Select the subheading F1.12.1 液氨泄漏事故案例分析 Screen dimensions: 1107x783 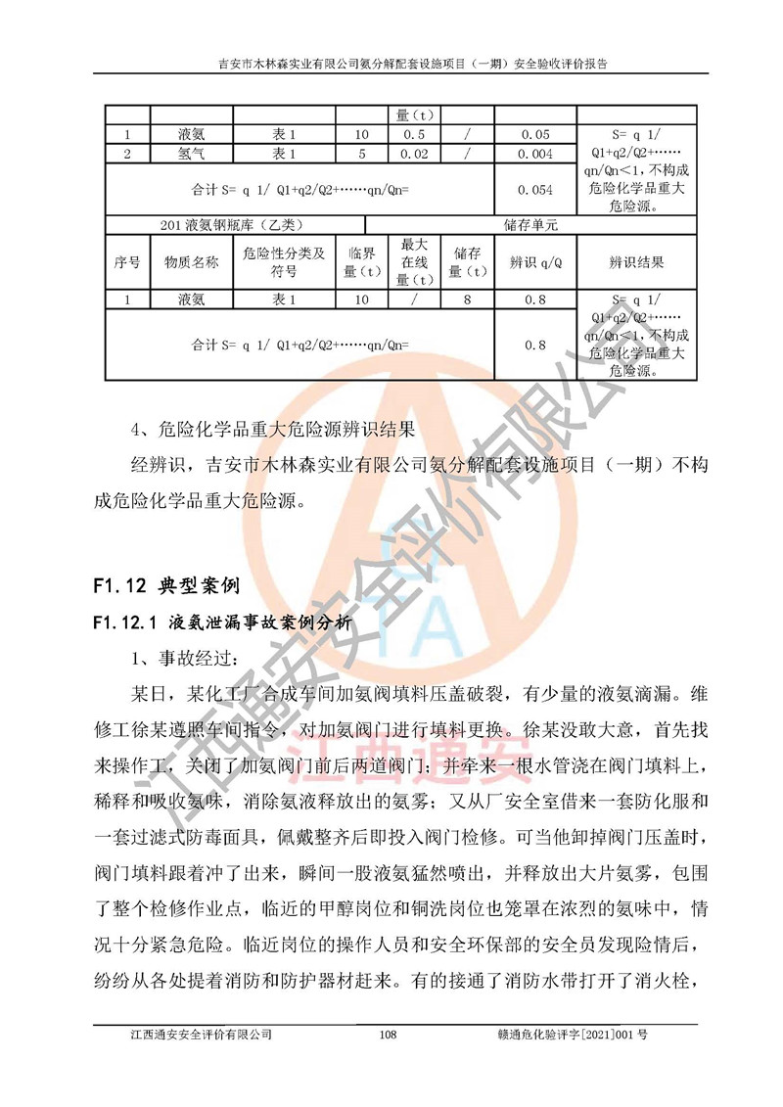coord(216,621)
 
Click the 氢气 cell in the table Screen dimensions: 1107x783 coord(191,154)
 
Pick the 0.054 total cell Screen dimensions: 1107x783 coord(535,190)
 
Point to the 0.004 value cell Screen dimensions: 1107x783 coord(535,154)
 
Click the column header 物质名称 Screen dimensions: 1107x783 coord(191,262)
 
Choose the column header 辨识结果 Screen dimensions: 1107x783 coord(636,262)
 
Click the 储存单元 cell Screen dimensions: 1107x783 coord(535,224)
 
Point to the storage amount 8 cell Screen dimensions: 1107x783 coord(467,300)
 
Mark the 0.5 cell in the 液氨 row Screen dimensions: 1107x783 coord(414,135)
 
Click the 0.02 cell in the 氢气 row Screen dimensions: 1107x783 coord(414,154)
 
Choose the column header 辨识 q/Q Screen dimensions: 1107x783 coord(535,262)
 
